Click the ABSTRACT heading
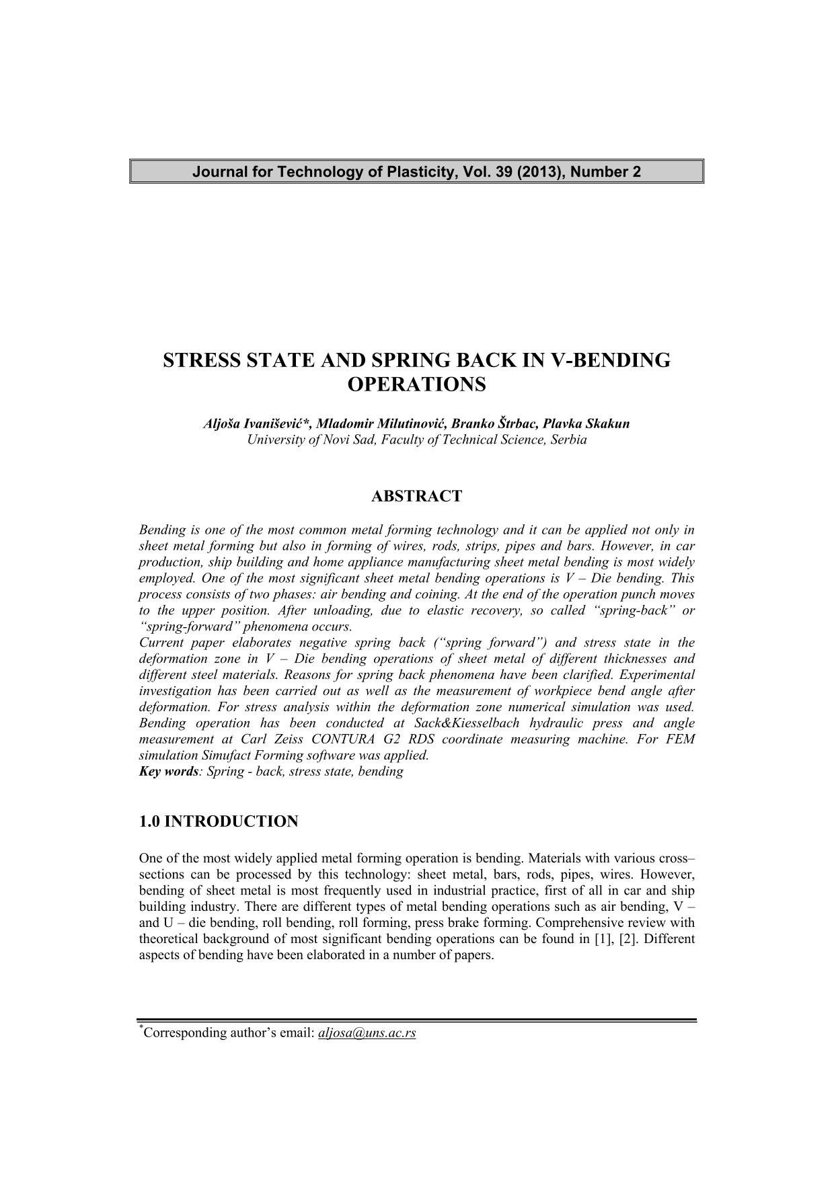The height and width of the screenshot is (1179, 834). [416, 497]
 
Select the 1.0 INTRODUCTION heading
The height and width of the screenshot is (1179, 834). [219, 821]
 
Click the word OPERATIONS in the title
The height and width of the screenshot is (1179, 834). [416, 385]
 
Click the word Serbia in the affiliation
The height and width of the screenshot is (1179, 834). [568, 440]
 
